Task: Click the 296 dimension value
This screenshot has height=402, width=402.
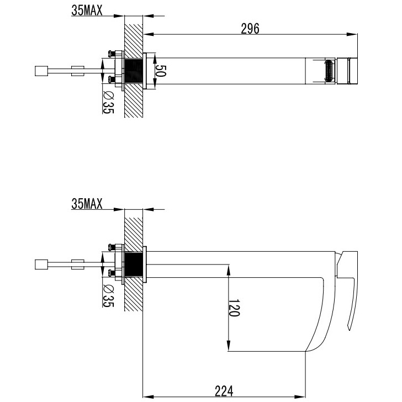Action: [250, 29]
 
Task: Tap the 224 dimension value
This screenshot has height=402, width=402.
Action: [224, 391]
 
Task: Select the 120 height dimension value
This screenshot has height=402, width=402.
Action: [234, 308]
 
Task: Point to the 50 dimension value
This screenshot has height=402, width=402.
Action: [161, 71]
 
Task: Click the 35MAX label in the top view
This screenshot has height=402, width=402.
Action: [87, 10]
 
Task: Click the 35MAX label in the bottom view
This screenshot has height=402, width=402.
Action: [87, 204]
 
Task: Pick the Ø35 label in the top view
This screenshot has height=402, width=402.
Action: [108, 102]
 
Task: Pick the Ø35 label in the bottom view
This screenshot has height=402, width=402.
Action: [108, 295]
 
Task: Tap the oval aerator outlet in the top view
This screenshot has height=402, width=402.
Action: [330, 71]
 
